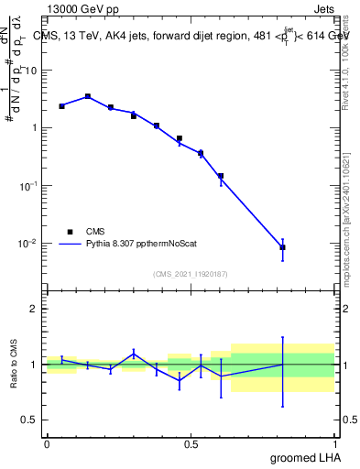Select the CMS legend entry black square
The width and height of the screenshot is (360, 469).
pos(70,232)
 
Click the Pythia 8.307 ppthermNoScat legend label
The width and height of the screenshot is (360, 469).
pos(142,245)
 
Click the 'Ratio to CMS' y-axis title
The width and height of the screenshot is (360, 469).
pos(15,364)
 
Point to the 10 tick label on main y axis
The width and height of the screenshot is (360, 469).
pos(31,70)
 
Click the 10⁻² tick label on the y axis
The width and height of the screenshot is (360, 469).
pos(27,244)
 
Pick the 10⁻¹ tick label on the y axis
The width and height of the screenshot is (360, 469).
pos(27,186)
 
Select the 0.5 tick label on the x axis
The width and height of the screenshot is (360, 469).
pos(191,443)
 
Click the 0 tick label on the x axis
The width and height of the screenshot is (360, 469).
pos(47,443)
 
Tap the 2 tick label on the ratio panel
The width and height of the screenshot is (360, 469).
pos(34,309)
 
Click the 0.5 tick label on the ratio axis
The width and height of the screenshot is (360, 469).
pos(30,420)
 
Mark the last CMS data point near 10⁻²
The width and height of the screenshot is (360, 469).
pos(283,247)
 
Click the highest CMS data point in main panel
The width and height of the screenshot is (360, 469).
pos(87,96)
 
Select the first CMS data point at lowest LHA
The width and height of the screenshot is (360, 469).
pos(61,106)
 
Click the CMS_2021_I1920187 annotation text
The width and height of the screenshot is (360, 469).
pos(190,273)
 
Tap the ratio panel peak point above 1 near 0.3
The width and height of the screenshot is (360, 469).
pos(134,353)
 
